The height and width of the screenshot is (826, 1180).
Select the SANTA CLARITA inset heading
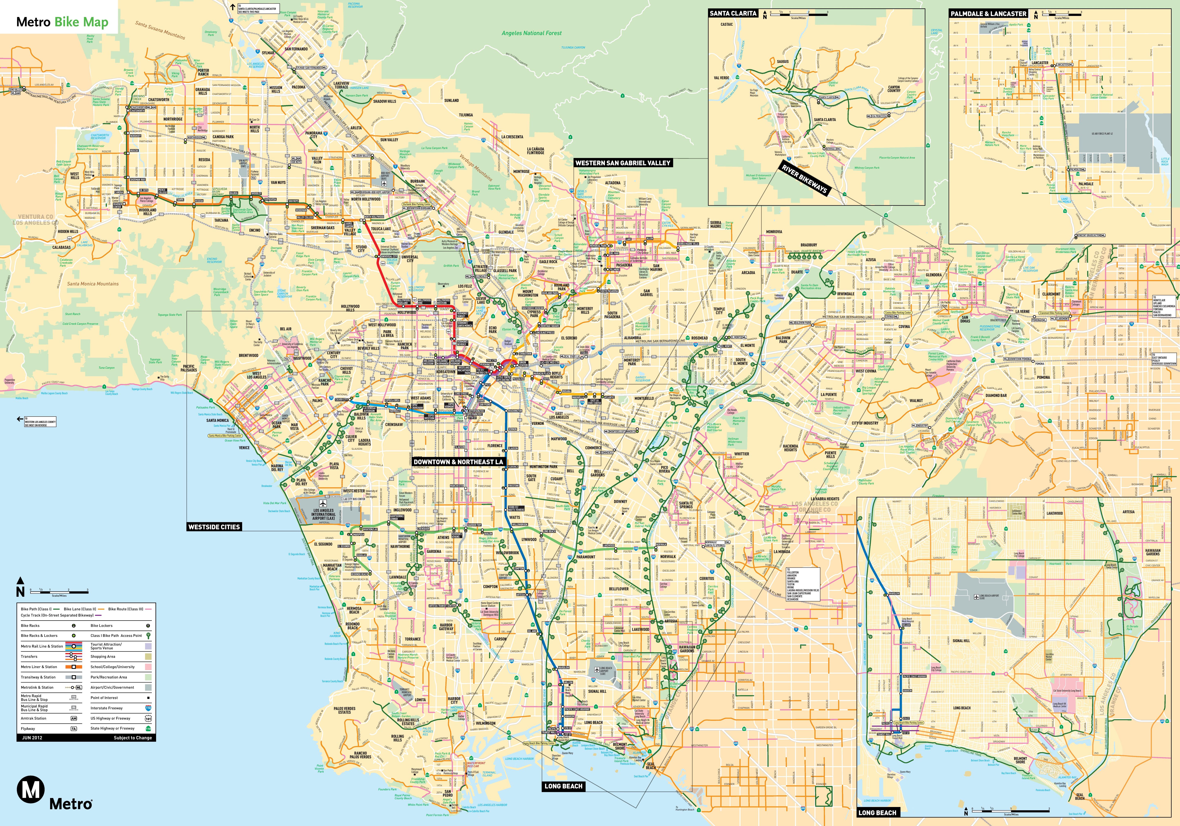pos(733,13)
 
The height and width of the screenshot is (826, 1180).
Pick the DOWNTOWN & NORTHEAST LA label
pos(458,462)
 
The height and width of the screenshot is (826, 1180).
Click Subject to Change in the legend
pos(133,738)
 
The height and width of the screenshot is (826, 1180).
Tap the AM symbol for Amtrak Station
pos(74,718)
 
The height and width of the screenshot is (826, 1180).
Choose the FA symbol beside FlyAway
pos(74,728)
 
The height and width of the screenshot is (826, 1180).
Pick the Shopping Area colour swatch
pos(148,656)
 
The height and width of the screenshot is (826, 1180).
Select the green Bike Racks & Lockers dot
pos(74,636)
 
